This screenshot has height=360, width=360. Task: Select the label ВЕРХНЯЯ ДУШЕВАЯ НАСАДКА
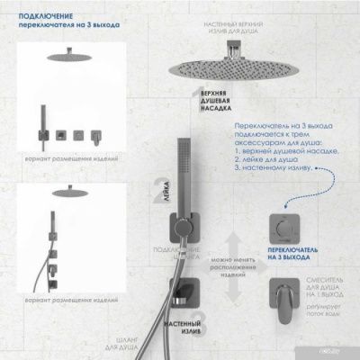point(216,106)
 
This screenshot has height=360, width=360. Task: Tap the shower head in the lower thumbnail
point(64,192)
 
